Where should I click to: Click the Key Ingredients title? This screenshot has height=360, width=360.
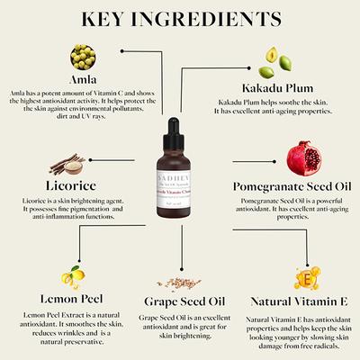(x=180, y=19)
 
